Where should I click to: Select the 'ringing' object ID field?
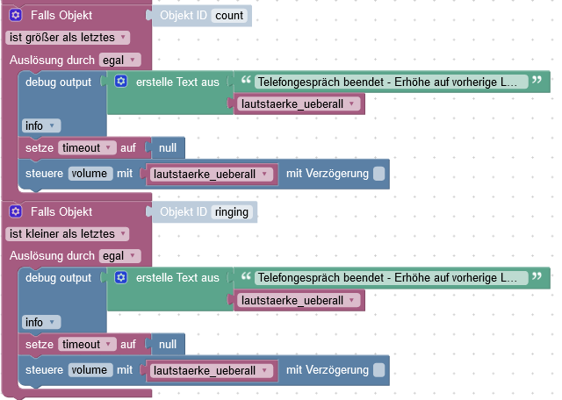[x=233, y=211]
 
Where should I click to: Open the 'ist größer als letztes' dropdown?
[x=68, y=37]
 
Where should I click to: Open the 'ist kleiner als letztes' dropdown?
[x=68, y=233]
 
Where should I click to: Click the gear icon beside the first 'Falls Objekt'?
[x=16, y=15]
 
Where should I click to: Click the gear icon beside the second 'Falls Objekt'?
[x=16, y=211]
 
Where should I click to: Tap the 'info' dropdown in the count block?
[x=40, y=125]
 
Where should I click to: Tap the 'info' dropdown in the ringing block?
[x=40, y=322]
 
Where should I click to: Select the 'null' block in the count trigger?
[x=167, y=148]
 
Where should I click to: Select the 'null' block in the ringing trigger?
[x=167, y=345]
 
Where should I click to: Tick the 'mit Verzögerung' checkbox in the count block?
[x=378, y=174]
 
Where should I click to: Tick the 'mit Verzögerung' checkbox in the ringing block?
[x=378, y=370]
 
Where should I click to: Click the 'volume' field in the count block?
[x=91, y=174]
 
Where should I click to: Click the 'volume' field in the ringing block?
[x=91, y=370]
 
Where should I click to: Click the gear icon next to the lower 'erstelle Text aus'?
[x=121, y=278]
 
